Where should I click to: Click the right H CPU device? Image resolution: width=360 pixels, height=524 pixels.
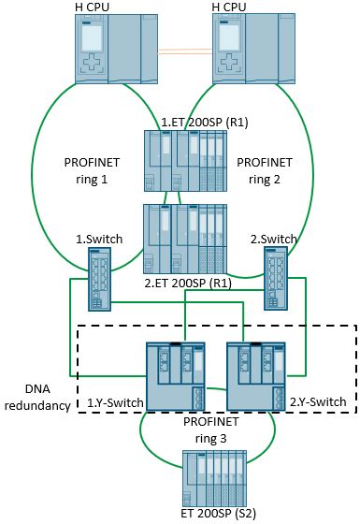248,51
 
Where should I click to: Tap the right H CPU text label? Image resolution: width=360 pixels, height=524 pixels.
235,8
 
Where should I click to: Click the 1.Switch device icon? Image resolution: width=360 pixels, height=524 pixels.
98,280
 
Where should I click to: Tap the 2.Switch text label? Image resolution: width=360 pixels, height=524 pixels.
272,240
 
